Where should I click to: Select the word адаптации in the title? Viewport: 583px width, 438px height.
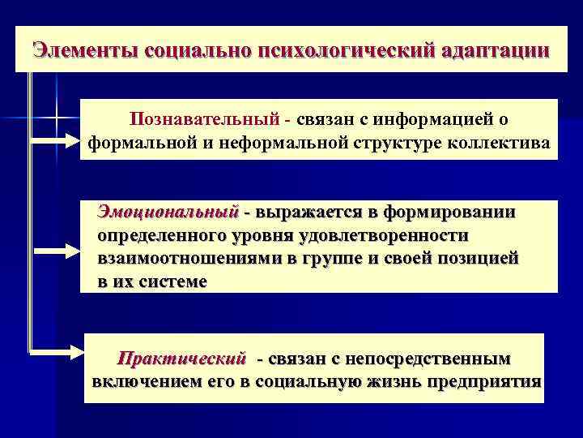point(496,49)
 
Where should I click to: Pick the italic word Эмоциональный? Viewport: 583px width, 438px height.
point(168,212)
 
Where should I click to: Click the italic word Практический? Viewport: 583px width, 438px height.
point(181,358)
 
